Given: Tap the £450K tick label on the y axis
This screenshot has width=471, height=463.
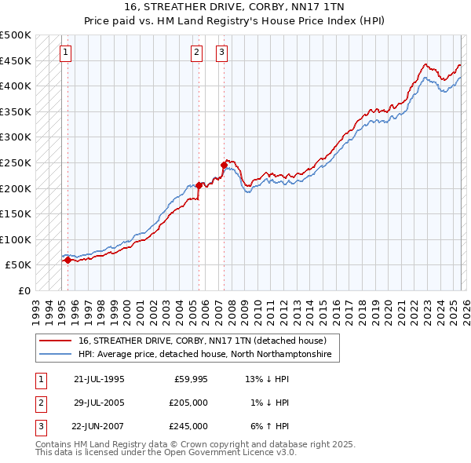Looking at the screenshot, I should point(16,60).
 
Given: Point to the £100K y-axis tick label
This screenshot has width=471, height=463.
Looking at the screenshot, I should point(16,239).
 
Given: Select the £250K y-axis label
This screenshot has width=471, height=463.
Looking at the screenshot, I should point(16,162).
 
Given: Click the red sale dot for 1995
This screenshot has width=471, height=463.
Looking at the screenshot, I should point(68,261).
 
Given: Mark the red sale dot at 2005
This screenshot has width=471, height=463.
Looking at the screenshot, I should point(199,185).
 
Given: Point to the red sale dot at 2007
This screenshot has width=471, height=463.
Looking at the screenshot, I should point(224,165).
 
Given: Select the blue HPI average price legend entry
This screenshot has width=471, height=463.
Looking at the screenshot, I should point(205,355).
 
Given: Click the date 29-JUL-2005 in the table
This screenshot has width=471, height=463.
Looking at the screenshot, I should point(99,403).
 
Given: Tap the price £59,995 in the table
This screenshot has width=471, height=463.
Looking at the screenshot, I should point(190,379).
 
